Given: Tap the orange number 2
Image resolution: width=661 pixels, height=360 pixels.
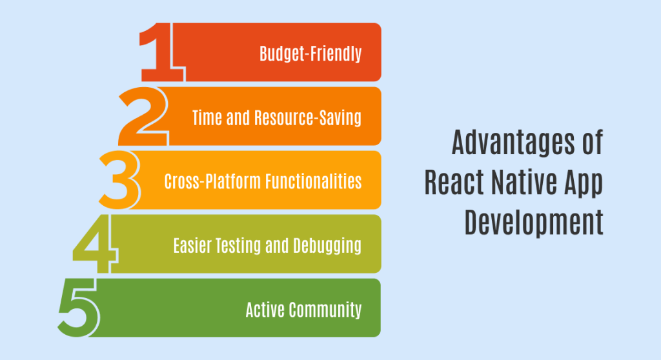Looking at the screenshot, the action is (x=143, y=116).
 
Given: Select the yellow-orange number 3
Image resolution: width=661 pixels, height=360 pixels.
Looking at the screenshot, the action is (x=119, y=180).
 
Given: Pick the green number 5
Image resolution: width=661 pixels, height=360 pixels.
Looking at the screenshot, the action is (x=79, y=307).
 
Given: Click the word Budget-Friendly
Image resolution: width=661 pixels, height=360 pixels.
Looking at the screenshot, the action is (x=310, y=54).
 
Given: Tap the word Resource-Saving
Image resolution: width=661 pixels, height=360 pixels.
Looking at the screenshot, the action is (x=308, y=117).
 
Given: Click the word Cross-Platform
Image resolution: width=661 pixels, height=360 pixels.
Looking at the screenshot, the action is (x=213, y=181).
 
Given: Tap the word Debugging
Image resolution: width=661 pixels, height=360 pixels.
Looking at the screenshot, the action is (x=327, y=246).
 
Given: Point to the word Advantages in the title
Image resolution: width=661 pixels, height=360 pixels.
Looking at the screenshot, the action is (x=513, y=143).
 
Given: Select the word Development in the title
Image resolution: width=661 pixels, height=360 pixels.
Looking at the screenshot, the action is (x=534, y=223).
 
